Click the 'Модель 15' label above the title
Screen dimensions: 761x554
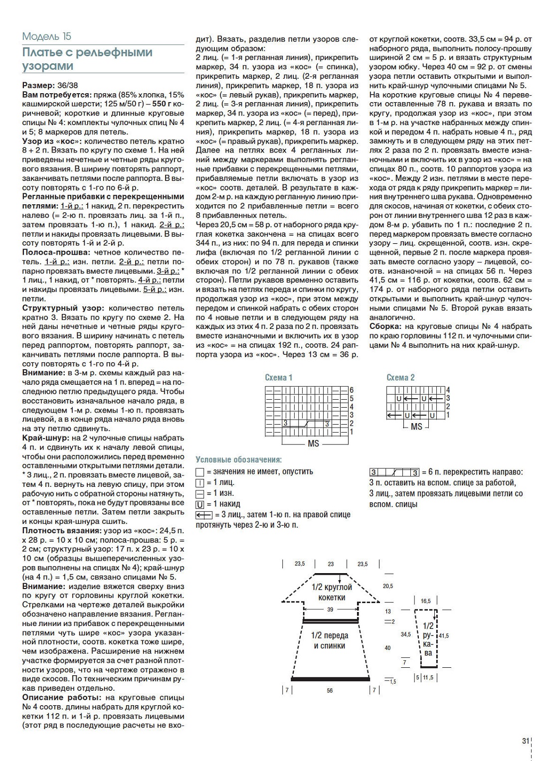(47, 36)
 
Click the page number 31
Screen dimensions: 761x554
(525, 741)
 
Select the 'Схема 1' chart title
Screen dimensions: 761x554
(279, 377)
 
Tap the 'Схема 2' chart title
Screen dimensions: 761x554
(400, 377)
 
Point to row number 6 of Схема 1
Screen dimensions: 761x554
(352, 390)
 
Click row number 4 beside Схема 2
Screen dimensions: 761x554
(448, 390)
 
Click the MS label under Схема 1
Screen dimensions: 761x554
(313, 443)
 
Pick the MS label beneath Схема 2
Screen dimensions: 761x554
(416, 427)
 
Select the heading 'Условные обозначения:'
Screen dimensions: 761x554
(238, 459)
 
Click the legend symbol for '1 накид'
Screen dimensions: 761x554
(200, 504)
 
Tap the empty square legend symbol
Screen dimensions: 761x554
(200, 472)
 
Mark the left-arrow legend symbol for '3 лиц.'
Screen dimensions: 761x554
(203, 515)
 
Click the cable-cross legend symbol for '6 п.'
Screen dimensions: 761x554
(394, 472)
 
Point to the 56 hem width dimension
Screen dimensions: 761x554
(330, 691)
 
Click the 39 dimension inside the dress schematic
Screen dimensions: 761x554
(330, 609)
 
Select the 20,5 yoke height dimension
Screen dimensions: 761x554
(388, 586)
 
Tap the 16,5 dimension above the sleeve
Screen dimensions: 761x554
(425, 601)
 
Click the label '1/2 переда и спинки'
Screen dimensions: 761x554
(330, 641)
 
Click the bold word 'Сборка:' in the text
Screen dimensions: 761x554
(385, 326)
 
